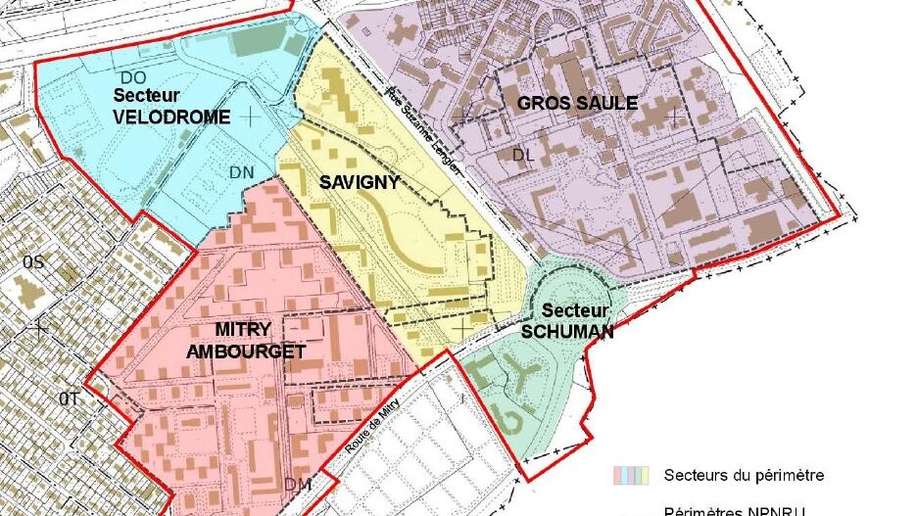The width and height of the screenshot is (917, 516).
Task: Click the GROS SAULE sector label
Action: pos(577,103)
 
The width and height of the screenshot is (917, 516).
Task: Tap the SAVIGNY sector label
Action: pos(360,182)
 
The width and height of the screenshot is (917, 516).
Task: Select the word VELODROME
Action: pos(171,117)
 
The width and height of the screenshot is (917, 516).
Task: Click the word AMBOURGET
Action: pos(247,352)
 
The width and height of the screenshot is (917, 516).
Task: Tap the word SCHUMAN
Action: pos(567,331)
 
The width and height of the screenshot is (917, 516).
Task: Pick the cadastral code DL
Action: pos(525,154)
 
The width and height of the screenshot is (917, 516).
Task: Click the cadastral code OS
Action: pos(34,261)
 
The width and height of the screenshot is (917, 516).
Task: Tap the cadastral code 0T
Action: pos(67,399)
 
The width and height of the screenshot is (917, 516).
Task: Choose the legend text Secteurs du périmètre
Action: pos(744,476)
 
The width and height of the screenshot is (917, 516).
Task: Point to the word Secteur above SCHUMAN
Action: pos(568,310)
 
